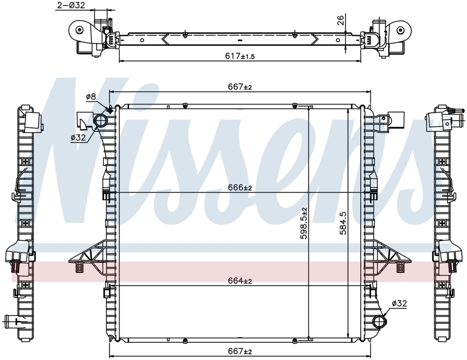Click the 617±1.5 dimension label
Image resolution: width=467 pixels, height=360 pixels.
240,56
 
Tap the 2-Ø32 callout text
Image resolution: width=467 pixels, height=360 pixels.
71,5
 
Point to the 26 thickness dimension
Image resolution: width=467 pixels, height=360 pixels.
340,20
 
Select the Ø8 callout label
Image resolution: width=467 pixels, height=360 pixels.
91,97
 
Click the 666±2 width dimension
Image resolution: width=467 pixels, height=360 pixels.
240,188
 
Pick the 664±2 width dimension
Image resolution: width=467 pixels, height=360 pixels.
240,281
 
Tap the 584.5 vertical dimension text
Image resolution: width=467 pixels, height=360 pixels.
343,223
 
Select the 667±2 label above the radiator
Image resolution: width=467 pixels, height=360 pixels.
240,87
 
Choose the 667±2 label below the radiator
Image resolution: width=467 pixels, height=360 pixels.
240,352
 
